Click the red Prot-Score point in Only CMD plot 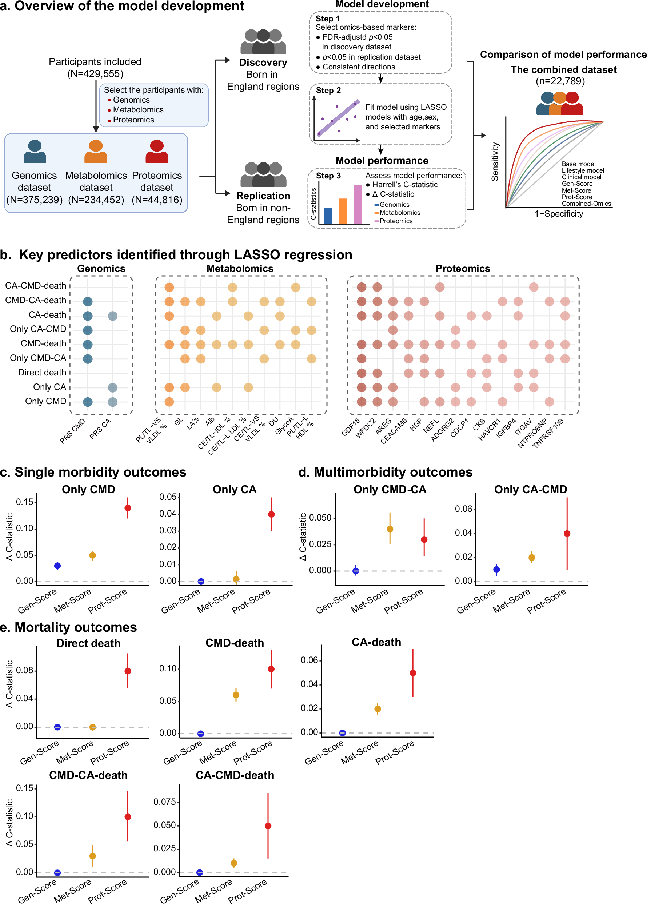128,508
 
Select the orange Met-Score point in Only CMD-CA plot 390,529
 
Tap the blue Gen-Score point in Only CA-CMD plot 496,570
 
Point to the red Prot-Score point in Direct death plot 128,671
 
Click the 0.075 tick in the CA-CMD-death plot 165,802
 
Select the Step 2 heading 328,91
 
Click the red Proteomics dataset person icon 157,152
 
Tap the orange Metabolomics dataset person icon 96,152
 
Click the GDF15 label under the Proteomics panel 351,427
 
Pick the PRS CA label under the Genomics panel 100,429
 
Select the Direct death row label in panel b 42,373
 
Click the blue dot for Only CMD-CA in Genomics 88,359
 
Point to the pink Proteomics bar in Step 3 358,204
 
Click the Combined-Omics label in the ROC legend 586,204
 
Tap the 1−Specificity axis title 559,214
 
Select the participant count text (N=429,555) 95,74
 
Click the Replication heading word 263,196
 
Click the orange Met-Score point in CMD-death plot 236,695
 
